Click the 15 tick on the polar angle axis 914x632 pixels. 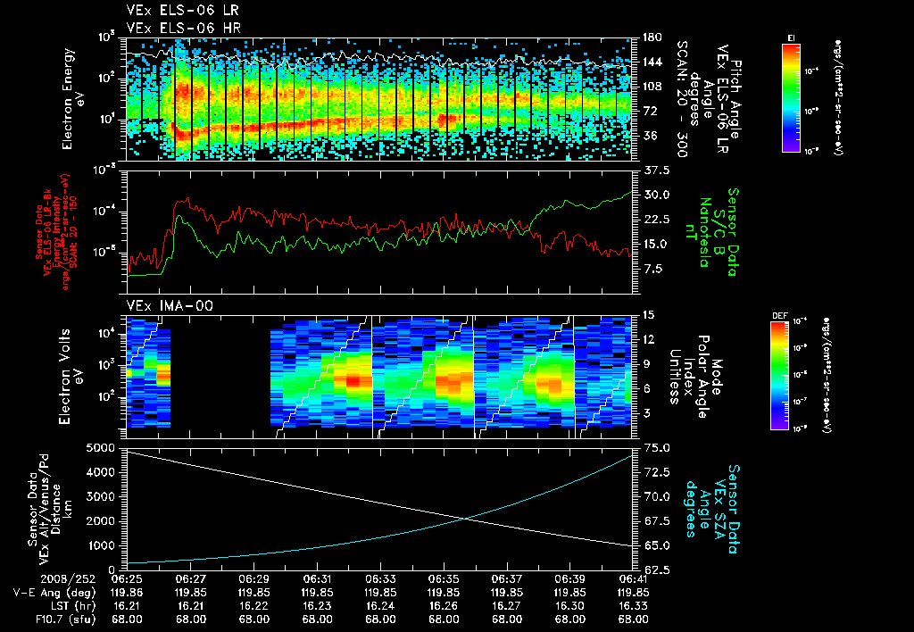coord(648,315)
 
